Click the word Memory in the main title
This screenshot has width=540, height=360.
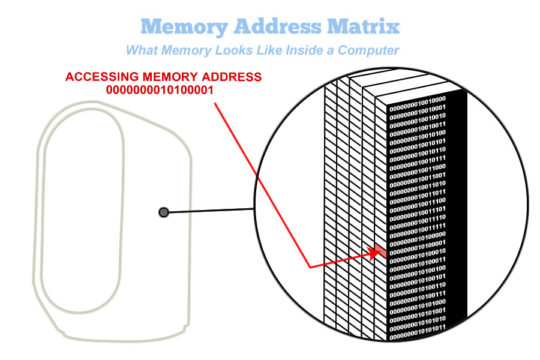179,27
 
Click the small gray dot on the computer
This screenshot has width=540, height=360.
164,212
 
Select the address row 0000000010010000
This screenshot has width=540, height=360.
417,100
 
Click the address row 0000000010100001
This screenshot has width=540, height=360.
417,242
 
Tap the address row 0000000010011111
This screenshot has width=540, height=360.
417,226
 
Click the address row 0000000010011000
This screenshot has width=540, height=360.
417,167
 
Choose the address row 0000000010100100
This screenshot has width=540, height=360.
417,268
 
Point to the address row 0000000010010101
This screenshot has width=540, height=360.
417,142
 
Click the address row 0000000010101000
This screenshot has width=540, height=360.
417,302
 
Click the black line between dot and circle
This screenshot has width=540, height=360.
210,211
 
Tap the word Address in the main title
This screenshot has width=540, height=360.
276,27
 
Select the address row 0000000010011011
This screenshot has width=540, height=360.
417,192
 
